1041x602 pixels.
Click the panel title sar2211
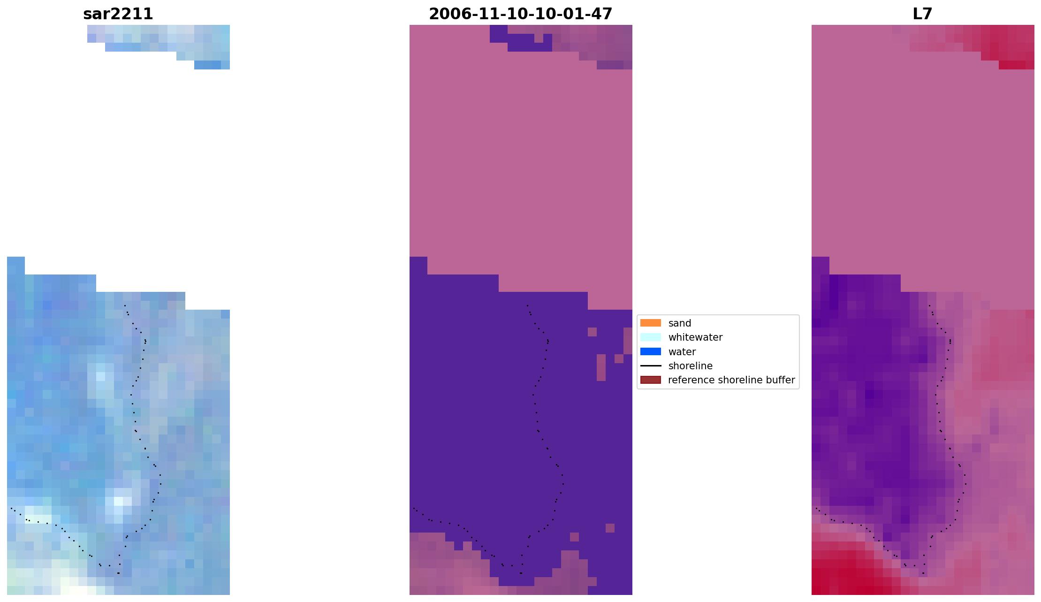118,14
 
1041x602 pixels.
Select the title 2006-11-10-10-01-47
520,14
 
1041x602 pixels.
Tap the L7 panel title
922,14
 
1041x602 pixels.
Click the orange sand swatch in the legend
650,323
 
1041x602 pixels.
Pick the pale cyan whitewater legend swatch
650,337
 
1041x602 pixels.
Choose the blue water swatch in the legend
650,351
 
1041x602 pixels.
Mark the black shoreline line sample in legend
650,366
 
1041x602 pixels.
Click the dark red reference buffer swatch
650,380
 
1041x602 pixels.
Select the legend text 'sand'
679,323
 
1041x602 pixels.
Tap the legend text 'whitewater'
695,337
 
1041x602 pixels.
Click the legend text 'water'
682,352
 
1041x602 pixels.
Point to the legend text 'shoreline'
690,366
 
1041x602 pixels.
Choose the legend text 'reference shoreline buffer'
731,380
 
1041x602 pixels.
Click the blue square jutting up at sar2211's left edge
15,266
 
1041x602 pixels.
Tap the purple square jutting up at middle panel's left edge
418,266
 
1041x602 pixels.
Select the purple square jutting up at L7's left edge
820,266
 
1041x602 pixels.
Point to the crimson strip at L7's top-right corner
1016,65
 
